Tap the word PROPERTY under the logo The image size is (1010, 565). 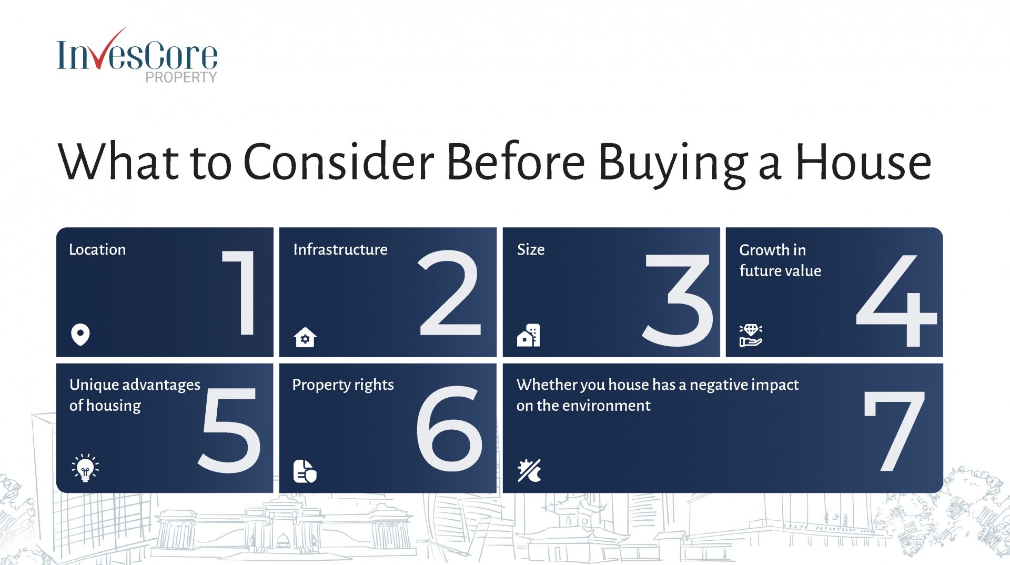[181, 77]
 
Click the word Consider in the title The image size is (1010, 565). [339, 162]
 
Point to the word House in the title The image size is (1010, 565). [863, 162]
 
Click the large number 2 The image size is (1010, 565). [450, 292]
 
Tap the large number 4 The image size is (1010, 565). [896, 300]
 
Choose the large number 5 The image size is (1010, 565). [229, 430]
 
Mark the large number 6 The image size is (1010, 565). [449, 428]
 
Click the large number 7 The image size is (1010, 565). [894, 431]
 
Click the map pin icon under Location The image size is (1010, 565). [80, 335]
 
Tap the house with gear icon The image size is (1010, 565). [305, 337]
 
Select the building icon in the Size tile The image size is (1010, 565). [529, 335]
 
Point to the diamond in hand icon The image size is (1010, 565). [751, 335]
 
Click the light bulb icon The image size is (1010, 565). [85, 468]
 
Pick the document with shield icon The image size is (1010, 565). [305, 471]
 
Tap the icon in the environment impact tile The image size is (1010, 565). [529, 471]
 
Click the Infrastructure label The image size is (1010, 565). [340, 249]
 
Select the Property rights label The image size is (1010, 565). [343, 385]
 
